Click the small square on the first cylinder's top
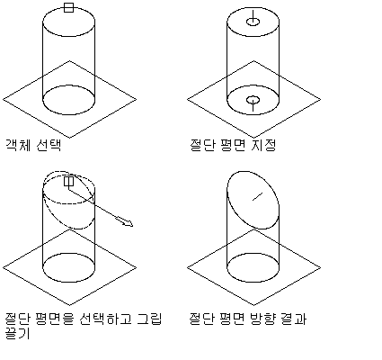pyautogui.click(x=69, y=7)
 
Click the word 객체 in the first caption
pyautogui.click(x=18, y=145)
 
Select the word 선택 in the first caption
pyautogui.click(x=49, y=145)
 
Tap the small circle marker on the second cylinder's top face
pyautogui.click(x=253, y=22)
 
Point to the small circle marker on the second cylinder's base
pyautogui.click(x=253, y=99)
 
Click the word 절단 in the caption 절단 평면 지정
pyautogui.click(x=202, y=145)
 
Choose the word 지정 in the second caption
pyautogui.click(x=263, y=145)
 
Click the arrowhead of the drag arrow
pyautogui.click(x=129, y=223)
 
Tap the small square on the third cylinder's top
pyautogui.click(x=69, y=181)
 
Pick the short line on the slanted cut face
pyautogui.click(x=257, y=196)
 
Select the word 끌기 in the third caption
pyautogui.click(x=18, y=333)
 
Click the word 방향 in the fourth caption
pyautogui.click(x=262, y=319)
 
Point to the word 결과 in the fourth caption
pyautogui.click(x=294, y=319)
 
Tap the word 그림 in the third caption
pyautogui.click(x=149, y=319)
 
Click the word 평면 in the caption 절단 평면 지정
pyautogui.click(x=233, y=145)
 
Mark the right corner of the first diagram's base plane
pyautogui.click(x=137, y=99)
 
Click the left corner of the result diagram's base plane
pyautogui.click(x=188, y=267)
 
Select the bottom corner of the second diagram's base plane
pyautogui.click(x=253, y=138)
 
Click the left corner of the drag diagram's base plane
pyautogui.click(x=3, y=267)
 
